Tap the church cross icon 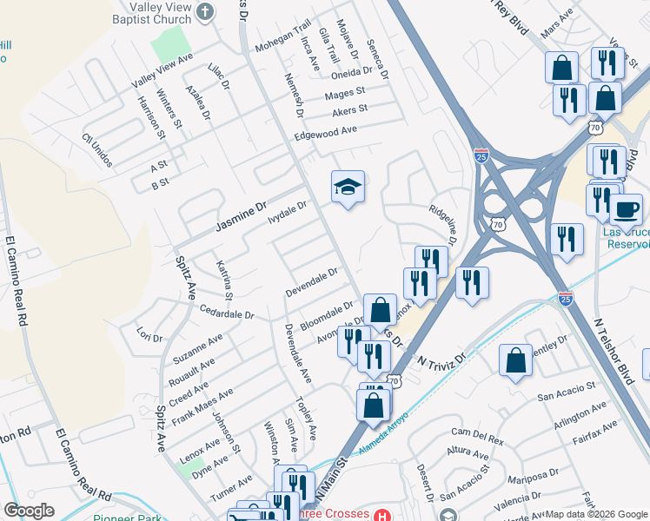pos(206,10)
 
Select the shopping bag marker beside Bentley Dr pos(516,361)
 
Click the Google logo pos(29,511)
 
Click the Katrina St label pos(224,280)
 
